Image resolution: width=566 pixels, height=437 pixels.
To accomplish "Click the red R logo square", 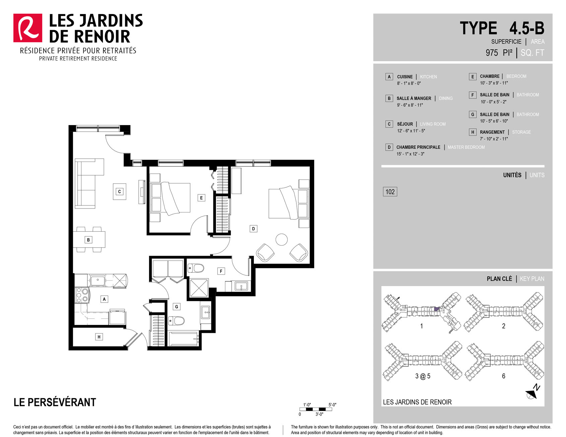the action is point(28,28).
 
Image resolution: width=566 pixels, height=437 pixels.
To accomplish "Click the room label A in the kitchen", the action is point(104,299).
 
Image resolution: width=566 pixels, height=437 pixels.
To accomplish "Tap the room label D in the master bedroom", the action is point(253,229).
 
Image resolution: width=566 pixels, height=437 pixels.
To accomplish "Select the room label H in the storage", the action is point(99,337).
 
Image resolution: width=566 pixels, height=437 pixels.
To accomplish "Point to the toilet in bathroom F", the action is point(196,268).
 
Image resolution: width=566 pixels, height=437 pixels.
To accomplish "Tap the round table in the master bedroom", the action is point(282,240).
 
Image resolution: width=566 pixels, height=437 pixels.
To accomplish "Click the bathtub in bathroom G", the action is point(184,339).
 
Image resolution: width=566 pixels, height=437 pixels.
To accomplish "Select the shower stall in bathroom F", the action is point(199,288).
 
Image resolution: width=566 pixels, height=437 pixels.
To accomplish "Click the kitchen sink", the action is point(97,280).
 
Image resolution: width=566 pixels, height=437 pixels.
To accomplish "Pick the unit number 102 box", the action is point(390,192).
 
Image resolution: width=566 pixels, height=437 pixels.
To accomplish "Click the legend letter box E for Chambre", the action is point(473,77).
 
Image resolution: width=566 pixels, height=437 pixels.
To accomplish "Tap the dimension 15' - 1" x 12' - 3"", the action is point(410,154).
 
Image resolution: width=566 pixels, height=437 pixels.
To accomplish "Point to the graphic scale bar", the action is point(316,409).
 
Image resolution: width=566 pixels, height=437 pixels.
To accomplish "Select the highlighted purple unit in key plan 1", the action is point(436,309).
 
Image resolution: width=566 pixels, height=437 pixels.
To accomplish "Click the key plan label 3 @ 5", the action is point(423,376).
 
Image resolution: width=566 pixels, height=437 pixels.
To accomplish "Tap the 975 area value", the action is point(492,53).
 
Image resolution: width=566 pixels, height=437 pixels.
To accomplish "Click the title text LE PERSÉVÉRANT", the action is point(55,402).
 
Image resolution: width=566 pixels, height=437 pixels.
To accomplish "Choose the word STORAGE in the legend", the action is point(521,132).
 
